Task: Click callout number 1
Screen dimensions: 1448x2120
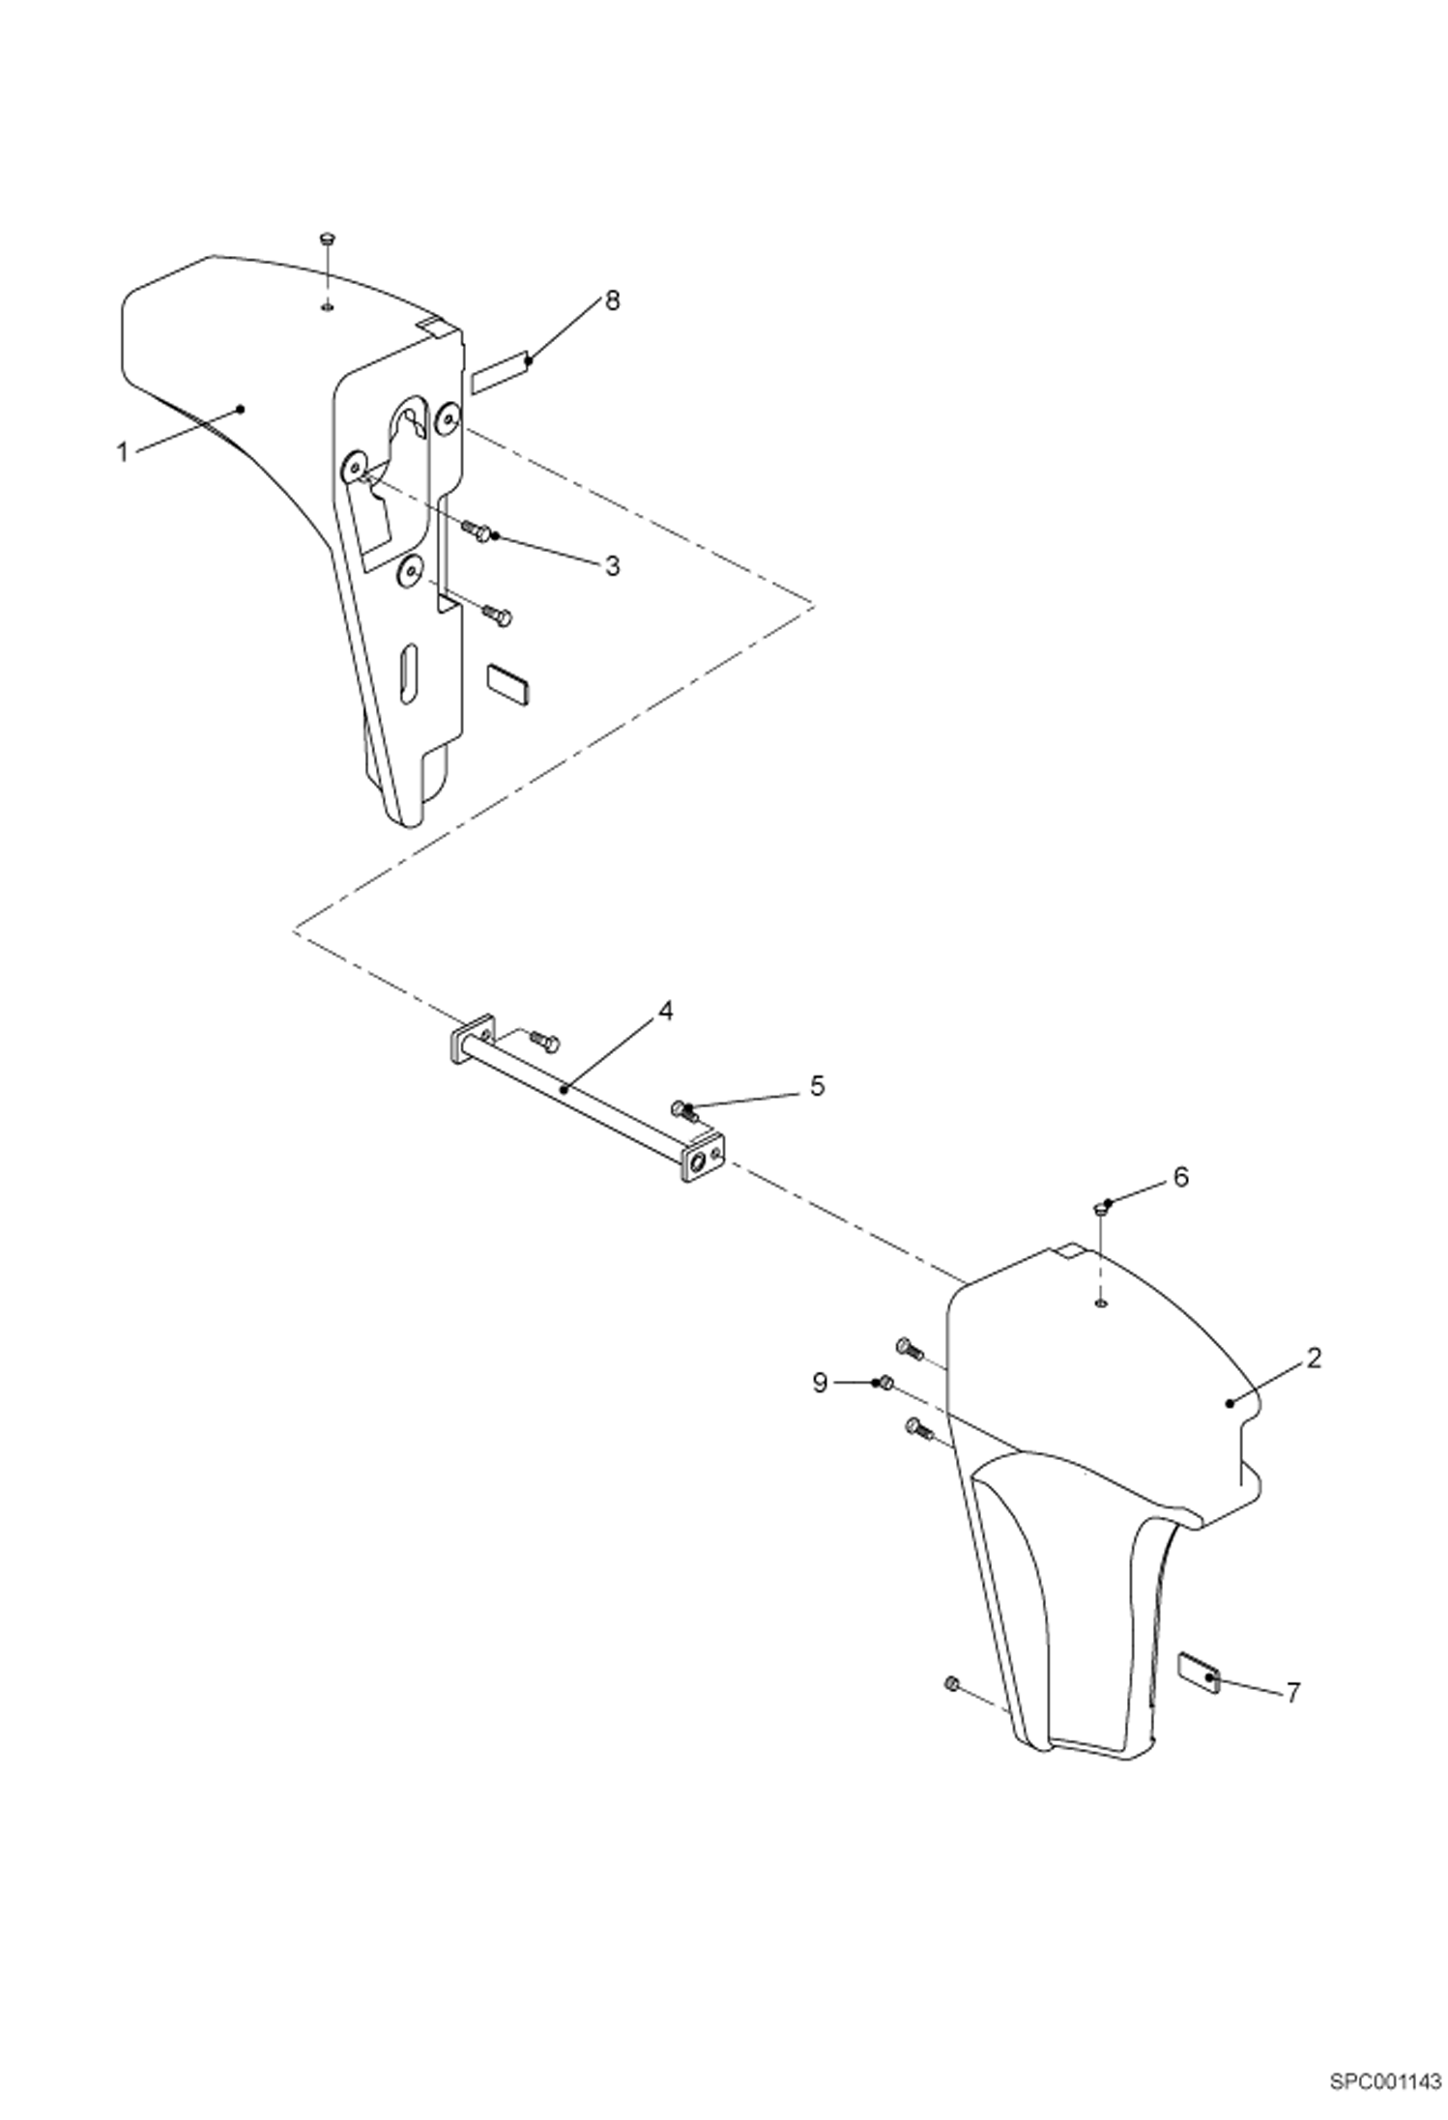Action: tap(123, 451)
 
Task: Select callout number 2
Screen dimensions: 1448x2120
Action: tap(1314, 1359)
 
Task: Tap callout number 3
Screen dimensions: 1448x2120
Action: tap(612, 565)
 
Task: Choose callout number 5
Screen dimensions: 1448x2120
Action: tap(817, 1086)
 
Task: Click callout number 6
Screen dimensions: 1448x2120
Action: tap(1180, 1177)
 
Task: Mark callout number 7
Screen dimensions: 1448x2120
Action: tap(1292, 1693)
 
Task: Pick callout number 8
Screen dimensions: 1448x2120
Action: tap(611, 301)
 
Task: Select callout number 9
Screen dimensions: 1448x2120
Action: tap(820, 1384)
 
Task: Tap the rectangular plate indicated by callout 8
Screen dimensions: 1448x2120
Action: tap(501, 372)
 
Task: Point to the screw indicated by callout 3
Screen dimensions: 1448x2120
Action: tap(476, 529)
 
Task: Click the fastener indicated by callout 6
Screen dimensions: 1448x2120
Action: tap(1100, 1209)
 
